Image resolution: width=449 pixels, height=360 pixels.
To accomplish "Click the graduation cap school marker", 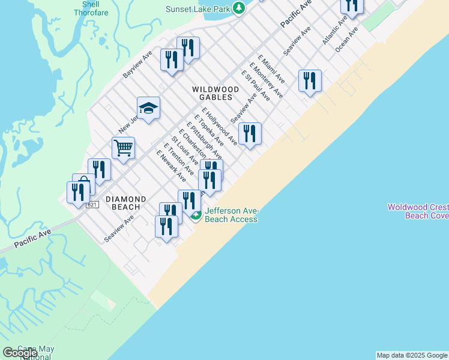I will pos(148,109).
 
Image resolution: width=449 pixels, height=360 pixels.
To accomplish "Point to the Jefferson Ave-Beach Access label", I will pos(231,215).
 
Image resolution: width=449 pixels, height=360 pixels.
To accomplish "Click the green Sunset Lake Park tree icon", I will pos(239,8).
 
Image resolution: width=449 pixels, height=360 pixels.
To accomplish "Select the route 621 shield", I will pos(92,205).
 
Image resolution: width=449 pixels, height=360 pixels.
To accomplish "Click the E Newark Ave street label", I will pos(171,166).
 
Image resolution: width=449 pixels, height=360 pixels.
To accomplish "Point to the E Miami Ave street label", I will pos(271,70).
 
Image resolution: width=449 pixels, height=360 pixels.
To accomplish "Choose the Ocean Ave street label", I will pos(347,38).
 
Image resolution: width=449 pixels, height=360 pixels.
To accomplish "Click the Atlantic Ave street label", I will pos(334,31).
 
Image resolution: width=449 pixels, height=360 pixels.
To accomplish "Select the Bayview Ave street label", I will pos(138,64).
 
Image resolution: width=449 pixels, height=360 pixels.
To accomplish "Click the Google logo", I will pos(20,353).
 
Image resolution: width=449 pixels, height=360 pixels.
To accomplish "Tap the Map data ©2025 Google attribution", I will pos(412,355).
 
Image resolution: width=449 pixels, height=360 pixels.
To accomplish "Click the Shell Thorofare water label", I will pos(86,8).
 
